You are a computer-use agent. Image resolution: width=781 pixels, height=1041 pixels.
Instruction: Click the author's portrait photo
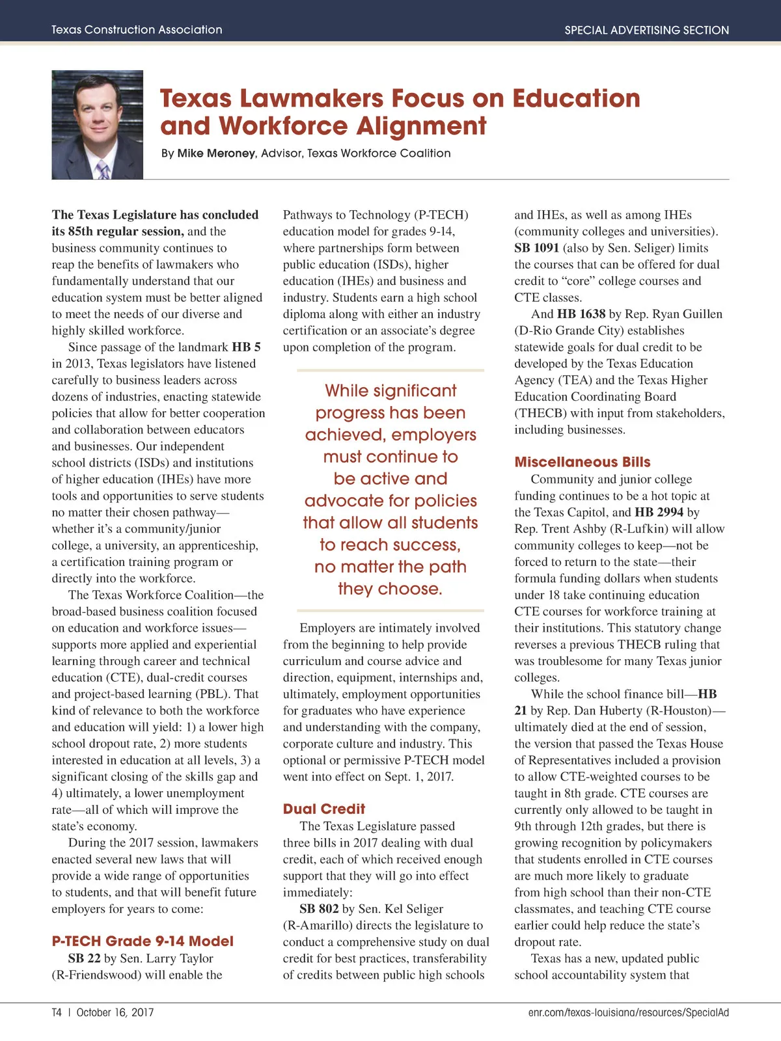98,124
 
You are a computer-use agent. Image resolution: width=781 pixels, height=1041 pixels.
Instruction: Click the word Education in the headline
576,98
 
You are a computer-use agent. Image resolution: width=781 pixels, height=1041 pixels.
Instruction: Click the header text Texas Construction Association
137,30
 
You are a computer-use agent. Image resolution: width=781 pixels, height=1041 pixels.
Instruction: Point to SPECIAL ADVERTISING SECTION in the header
646,30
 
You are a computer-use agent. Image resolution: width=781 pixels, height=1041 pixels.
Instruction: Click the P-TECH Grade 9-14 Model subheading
143,941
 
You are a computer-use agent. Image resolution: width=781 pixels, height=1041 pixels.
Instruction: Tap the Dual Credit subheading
324,809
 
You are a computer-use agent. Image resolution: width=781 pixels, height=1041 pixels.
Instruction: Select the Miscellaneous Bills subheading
582,462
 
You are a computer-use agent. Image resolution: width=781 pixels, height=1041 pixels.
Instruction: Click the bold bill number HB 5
246,347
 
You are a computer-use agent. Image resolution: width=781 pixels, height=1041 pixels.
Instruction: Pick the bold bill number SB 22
84,958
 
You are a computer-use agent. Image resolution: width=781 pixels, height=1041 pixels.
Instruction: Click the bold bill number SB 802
319,909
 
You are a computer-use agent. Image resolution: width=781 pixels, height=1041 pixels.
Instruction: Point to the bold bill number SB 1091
536,248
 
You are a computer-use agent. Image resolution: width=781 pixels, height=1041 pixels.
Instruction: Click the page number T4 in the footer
57,1012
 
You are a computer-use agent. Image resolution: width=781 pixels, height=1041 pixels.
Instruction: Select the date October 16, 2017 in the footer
115,1012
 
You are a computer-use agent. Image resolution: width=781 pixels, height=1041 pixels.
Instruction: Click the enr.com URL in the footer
628,1012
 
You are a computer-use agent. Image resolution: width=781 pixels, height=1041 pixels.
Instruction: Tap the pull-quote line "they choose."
390,589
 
